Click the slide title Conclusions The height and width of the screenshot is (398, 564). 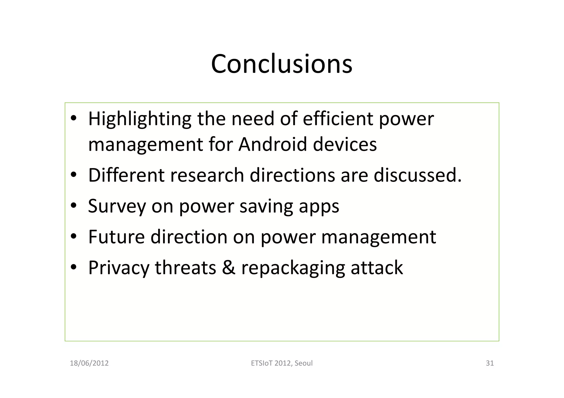coord(281,64)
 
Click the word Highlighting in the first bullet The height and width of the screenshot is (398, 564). coord(140,119)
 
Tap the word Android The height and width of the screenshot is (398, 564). coord(272,144)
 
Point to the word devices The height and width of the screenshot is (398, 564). coord(345,144)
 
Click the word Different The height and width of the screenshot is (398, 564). coord(126,175)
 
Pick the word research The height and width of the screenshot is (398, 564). coord(207,175)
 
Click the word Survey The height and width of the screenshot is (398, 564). coord(117,206)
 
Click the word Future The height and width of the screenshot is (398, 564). coord(116,237)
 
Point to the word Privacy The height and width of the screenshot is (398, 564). coord(119,268)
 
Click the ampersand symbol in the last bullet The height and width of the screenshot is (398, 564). coord(229,268)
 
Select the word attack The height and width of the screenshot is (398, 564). coord(376,268)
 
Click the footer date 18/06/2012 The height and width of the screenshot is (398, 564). coord(89,363)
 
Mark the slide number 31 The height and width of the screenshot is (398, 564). coord(490,363)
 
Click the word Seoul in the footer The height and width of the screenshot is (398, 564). coord(303,363)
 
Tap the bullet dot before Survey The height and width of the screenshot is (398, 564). coord(73,206)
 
